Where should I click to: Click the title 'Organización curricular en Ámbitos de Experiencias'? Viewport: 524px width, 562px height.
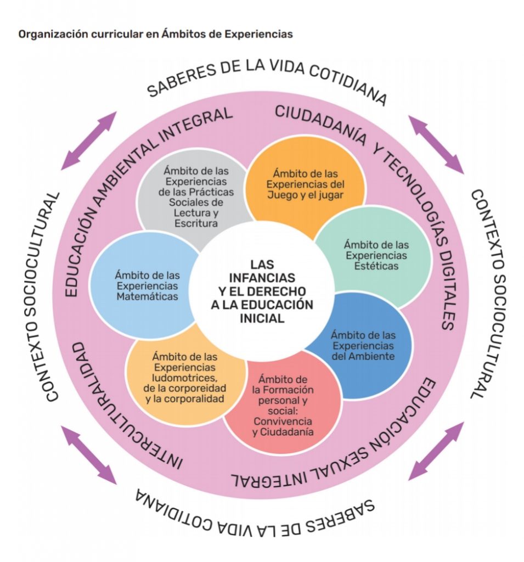click(x=155, y=34)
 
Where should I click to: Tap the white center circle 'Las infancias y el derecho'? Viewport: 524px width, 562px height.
click(x=262, y=291)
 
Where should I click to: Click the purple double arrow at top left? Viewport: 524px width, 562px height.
click(x=89, y=140)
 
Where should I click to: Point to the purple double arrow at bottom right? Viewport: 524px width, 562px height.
click(x=437, y=450)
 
